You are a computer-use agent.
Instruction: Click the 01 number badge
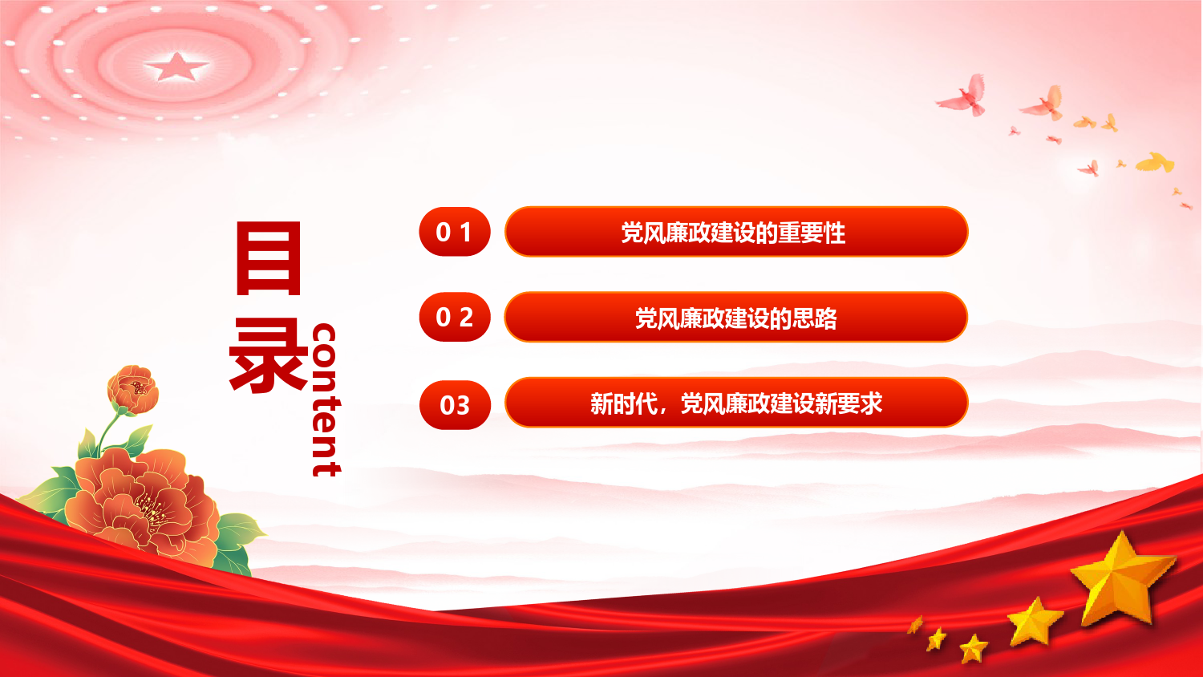tap(455, 232)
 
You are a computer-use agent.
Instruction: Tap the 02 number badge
tap(455, 317)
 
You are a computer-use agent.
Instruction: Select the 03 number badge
tap(455, 404)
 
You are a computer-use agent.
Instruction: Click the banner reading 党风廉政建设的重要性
tap(735, 232)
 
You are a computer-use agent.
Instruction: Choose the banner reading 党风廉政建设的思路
tap(735, 317)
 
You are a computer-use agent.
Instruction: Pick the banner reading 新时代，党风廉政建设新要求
tap(735, 403)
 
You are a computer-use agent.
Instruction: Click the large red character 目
tap(269, 258)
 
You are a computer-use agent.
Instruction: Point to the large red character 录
tap(269, 355)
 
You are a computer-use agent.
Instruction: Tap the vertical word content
tap(326, 399)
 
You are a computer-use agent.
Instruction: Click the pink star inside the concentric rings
tap(176, 67)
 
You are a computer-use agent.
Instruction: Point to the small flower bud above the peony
tap(133, 390)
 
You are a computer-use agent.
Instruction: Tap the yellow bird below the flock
tap(1155, 162)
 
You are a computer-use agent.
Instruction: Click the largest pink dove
tap(964, 95)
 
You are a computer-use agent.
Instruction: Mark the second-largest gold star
tap(1034, 621)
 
